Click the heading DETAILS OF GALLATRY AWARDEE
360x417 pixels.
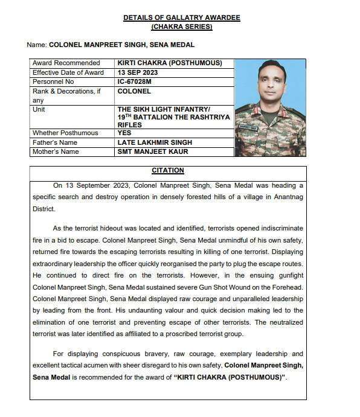(x=181, y=18)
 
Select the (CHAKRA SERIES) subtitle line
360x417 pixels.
(x=181, y=27)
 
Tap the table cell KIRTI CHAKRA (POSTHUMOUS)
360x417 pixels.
(x=170, y=63)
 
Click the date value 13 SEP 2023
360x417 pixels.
(x=140, y=72)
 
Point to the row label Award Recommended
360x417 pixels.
(x=66, y=63)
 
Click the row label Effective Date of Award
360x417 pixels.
(x=68, y=72)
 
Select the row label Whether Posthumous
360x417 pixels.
(x=65, y=133)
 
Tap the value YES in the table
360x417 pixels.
(x=125, y=133)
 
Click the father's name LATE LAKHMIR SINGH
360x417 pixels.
(x=155, y=142)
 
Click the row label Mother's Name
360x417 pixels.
(x=56, y=151)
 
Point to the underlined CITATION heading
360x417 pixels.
(x=168, y=171)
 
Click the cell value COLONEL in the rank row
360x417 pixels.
(x=134, y=91)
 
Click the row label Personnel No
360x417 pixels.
(x=53, y=81)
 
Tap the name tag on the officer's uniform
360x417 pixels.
(x=248, y=128)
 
